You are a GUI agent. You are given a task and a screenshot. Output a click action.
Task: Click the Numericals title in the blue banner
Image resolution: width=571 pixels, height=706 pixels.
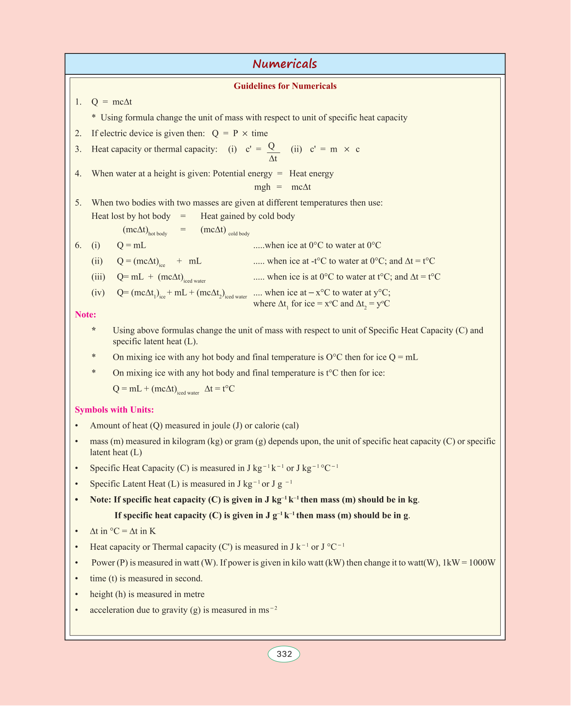coord(285,64)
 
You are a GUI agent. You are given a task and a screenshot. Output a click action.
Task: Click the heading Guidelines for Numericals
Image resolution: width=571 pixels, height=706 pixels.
coord(285,86)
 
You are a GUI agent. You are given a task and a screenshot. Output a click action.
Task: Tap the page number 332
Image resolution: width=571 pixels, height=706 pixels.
coord(284,654)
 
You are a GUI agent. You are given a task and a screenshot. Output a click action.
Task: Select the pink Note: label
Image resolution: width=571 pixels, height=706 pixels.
coord(85,315)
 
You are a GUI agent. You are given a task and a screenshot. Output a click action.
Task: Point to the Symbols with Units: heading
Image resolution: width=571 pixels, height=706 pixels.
coord(114,410)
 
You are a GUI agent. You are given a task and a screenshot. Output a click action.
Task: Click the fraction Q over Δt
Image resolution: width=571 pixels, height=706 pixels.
coord(273,152)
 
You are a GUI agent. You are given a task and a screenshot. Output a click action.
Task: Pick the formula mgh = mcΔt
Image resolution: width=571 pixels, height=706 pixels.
coord(283,187)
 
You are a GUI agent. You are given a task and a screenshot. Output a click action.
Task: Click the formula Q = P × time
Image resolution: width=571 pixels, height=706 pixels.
coord(240,134)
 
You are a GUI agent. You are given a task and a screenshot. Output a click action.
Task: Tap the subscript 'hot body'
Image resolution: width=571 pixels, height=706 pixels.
coord(158,234)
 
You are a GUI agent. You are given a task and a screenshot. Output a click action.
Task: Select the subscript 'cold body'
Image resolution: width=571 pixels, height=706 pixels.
coord(239,234)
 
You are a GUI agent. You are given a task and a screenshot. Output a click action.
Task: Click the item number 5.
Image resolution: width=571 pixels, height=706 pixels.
coord(78,203)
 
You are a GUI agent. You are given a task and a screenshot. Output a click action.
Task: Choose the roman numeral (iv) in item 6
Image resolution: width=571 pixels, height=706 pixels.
coord(98,292)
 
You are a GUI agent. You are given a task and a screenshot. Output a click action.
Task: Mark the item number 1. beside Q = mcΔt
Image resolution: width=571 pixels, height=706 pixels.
coord(78,102)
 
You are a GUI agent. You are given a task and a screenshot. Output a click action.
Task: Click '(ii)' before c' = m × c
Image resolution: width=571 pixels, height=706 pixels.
coord(296,150)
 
